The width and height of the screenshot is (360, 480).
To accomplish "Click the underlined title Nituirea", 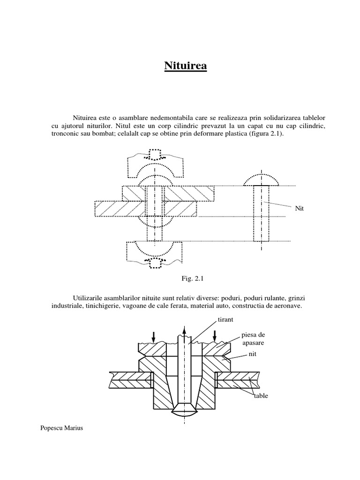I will coord(185,66).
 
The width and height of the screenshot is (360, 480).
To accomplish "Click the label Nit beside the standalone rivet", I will coord(300,208).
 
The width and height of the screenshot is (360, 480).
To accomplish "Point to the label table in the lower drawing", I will coord(261,396).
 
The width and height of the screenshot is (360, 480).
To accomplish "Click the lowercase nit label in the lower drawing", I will coord(253,356).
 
